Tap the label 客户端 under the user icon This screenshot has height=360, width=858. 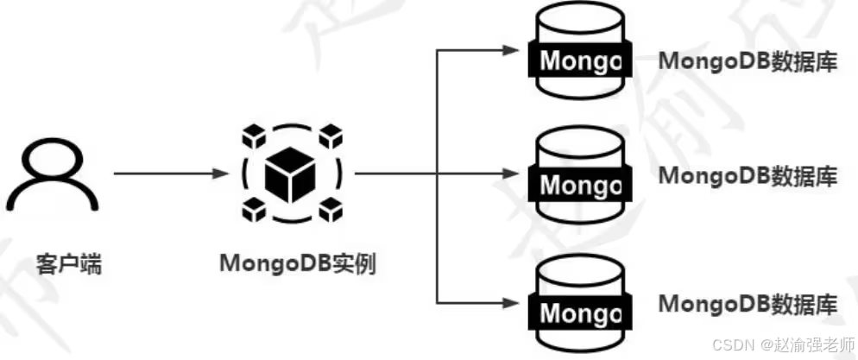[x=69, y=263]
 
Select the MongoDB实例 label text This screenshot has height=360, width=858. [x=299, y=263]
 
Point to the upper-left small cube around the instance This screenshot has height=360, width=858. [x=252, y=136]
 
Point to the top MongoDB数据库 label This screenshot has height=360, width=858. [x=748, y=61]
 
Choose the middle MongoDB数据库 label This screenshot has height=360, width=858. [x=748, y=175]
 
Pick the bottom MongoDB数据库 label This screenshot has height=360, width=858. [x=748, y=303]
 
